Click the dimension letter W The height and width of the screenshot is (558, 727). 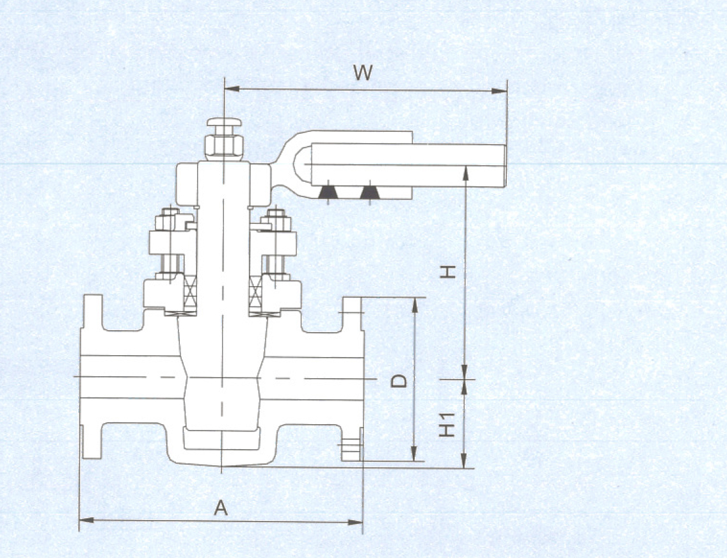pos(363,72)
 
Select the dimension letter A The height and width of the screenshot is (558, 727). pos(221,509)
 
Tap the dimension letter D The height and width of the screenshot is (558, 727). pos(399,381)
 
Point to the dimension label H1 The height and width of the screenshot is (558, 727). pos(447,424)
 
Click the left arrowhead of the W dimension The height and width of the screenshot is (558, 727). pos(232,88)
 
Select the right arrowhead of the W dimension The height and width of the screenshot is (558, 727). pos(499,91)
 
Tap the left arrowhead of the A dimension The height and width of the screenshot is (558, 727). pos(86,520)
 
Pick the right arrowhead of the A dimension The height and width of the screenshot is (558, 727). pos(355,522)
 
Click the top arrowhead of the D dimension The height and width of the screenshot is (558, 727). pos(415,305)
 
